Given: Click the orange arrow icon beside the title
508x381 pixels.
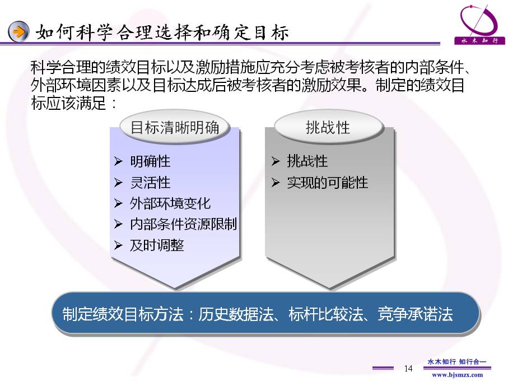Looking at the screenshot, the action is (18, 31).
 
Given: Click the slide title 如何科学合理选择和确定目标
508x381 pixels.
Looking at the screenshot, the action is (162, 32).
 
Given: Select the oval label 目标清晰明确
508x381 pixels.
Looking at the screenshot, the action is (175, 127).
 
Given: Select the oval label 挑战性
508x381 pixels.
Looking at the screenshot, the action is (328, 127).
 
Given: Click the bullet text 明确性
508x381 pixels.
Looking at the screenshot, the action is (150, 161).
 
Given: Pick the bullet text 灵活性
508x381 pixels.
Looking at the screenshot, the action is (150, 183).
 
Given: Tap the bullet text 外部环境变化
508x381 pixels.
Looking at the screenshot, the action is (170, 203).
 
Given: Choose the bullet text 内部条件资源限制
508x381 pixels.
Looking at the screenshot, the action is (183, 224).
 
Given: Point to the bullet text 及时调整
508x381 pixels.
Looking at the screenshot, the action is (157, 245).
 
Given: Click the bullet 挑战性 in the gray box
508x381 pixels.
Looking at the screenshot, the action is (307, 161).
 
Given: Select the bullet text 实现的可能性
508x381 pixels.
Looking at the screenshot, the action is (328, 183).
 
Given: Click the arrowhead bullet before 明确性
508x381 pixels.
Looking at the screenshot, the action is (118, 161).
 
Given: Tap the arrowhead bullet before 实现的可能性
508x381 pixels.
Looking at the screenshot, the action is (276, 183).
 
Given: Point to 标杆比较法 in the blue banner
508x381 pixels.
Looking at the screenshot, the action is (326, 314).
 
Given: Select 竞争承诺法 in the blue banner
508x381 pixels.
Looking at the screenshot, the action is (415, 314).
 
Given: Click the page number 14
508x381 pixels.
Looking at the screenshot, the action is (408, 368).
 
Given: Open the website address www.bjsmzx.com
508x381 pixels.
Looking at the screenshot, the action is (457, 375).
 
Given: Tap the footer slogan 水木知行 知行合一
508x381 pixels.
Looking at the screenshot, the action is (457, 361).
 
